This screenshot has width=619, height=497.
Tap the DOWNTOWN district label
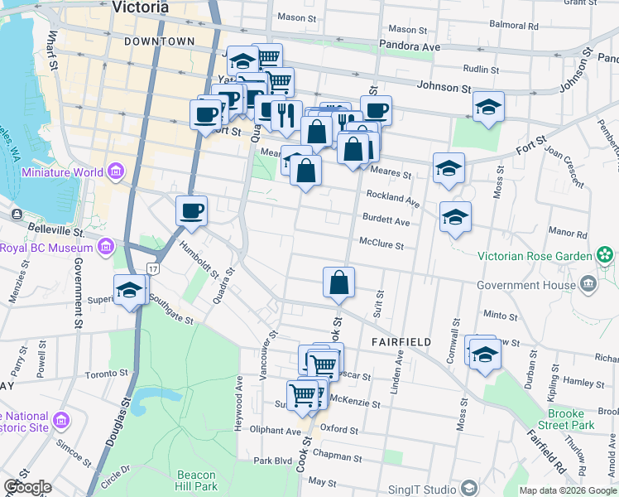click(160, 41)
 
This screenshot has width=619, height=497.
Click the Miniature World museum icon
click(115, 172)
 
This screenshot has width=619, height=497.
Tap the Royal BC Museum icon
click(105, 247)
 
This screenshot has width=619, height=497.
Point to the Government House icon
click(588, 285)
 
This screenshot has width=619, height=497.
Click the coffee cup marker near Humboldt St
click(191, 211)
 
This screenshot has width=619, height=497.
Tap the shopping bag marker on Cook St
click(339, 282)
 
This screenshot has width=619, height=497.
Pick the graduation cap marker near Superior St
click(129, 290)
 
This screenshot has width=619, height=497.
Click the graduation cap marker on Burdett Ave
click(455, 218)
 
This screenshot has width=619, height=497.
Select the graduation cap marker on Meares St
click(449, 168)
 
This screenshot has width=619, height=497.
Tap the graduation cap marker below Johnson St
click(489, 107)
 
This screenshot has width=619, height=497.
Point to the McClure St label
click(381, 245)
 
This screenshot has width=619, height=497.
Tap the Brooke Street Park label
click(571, 418)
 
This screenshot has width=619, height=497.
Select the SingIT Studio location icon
click(469, 488)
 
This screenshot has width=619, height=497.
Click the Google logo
click(27, 487)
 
